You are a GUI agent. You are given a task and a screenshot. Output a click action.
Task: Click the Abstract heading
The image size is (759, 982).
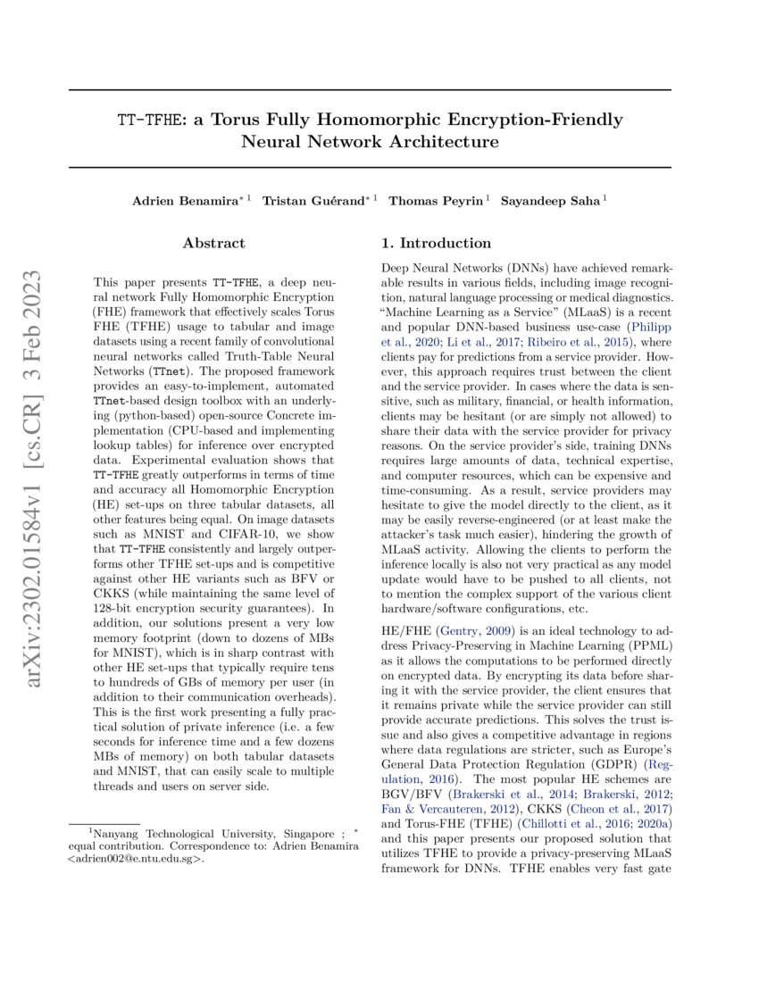213,243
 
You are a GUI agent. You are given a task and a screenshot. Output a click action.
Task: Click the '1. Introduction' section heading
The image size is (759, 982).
436,243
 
